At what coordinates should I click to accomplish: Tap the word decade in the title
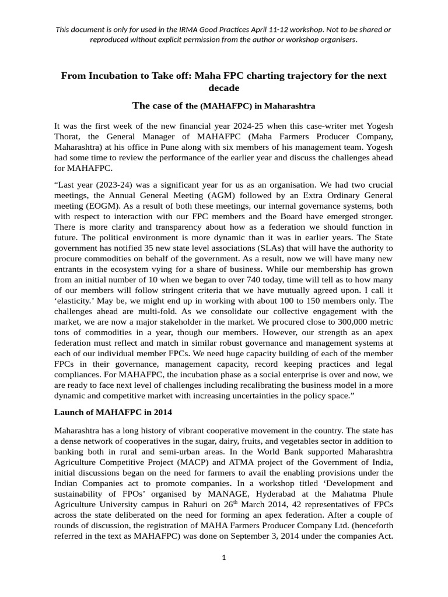223,87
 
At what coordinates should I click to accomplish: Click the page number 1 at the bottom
223,557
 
